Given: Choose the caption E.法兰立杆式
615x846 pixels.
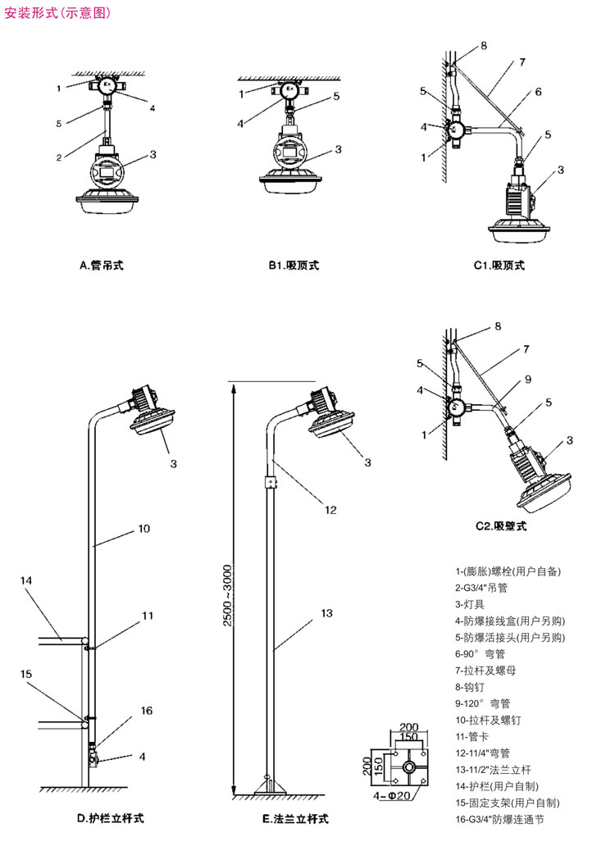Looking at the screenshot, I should (295, 818).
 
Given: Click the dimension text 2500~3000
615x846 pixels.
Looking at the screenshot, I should (227, 595).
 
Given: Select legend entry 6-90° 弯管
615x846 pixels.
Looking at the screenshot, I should (481, 653).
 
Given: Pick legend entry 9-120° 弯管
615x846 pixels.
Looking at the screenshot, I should (483, 703).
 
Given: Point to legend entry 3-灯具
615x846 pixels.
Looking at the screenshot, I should (470, 603).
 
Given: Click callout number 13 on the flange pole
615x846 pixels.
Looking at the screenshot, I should (326, 613).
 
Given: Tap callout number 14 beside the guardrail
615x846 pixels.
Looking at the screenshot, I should (26, 580).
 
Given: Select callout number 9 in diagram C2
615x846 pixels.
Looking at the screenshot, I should (528, 380).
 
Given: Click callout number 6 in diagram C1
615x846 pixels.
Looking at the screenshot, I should (538, 92).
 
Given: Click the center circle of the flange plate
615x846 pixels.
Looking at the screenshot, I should (408, 766).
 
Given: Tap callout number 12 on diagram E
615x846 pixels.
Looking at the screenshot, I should (330, 510).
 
